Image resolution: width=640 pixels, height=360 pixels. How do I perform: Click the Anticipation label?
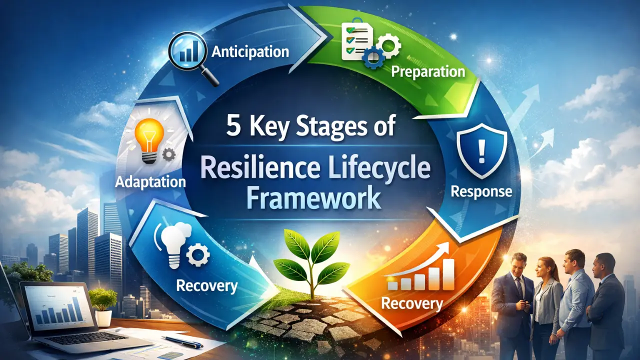250,52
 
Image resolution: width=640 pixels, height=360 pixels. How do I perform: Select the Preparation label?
427,71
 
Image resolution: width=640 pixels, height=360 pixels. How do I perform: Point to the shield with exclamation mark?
481,150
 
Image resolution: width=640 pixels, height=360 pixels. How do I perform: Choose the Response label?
481,191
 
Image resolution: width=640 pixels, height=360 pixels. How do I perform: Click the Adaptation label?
150,182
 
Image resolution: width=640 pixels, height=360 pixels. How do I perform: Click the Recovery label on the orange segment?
412,303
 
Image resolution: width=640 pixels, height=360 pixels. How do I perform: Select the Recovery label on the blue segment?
207,286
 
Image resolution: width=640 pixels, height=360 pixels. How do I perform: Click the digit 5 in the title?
233,127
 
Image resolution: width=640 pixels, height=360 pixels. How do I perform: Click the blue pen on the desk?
182,341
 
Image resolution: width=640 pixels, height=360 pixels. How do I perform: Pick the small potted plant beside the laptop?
103,307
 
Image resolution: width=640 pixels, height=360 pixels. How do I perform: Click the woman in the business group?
546,308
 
